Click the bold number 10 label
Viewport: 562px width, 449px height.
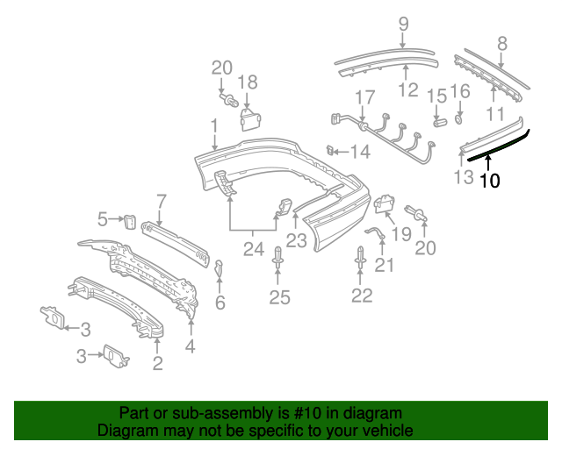click(x=490, y=182)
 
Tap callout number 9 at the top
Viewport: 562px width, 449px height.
click(x=403, y=24)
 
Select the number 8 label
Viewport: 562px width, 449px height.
click(x=502, y=42)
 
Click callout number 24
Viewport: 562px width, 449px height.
click(x=254, y=250)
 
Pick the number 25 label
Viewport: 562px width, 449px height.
click(x=279, y=298)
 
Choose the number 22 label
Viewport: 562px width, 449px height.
click(x=362, y=296)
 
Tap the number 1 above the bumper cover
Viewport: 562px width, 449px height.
click(x=214, y=129)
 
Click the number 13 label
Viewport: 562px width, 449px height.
click(x=464, y=179)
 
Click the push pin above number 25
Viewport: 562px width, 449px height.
click(x=278, y=260)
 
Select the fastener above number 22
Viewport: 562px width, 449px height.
click(x=361, y=259)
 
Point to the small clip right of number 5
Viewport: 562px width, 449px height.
click(x=128, y=219)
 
